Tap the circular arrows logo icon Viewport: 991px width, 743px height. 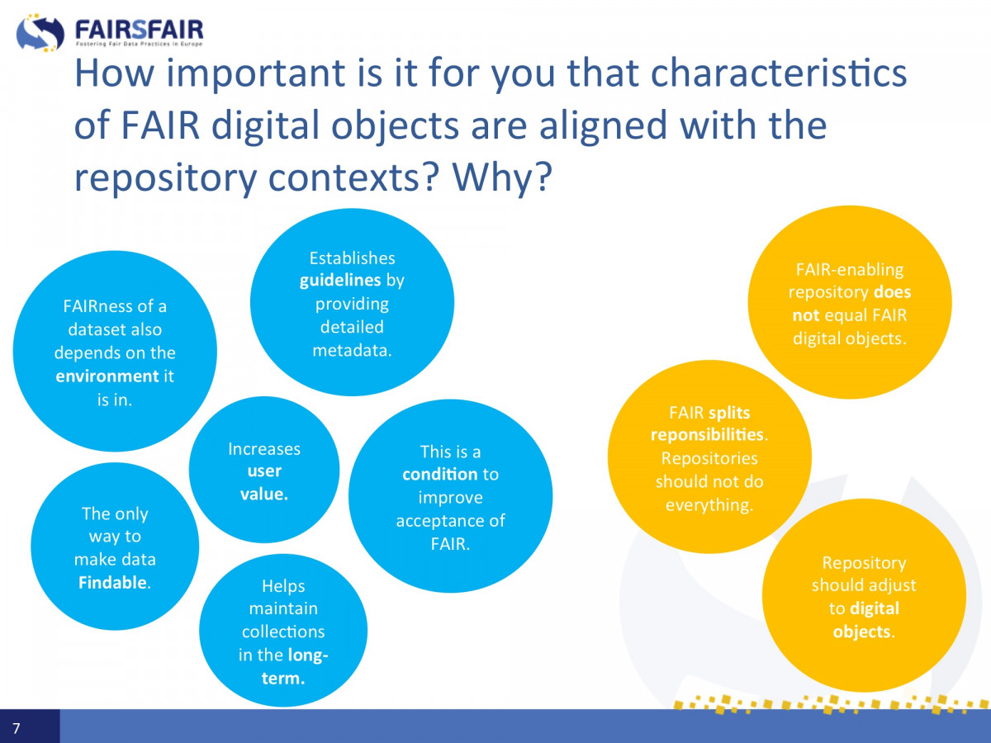point(40,32)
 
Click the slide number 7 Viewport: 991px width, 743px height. point(17,727)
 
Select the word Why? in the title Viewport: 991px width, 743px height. point(502,178)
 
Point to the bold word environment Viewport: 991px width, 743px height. point(107,376)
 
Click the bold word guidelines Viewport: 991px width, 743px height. point(340,281)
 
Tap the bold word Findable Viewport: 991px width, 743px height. point(112,582)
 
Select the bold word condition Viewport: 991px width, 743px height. point(439,474)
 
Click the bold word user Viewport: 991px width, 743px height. point(264,471)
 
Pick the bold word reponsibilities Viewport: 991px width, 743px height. point(707,435)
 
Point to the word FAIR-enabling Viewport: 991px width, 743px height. point(850,269)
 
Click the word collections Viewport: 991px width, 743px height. point(283,632)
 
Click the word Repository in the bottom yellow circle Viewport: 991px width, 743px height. point(864,563)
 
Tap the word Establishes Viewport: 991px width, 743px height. point(352,258)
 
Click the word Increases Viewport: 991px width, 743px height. point(264,449)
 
